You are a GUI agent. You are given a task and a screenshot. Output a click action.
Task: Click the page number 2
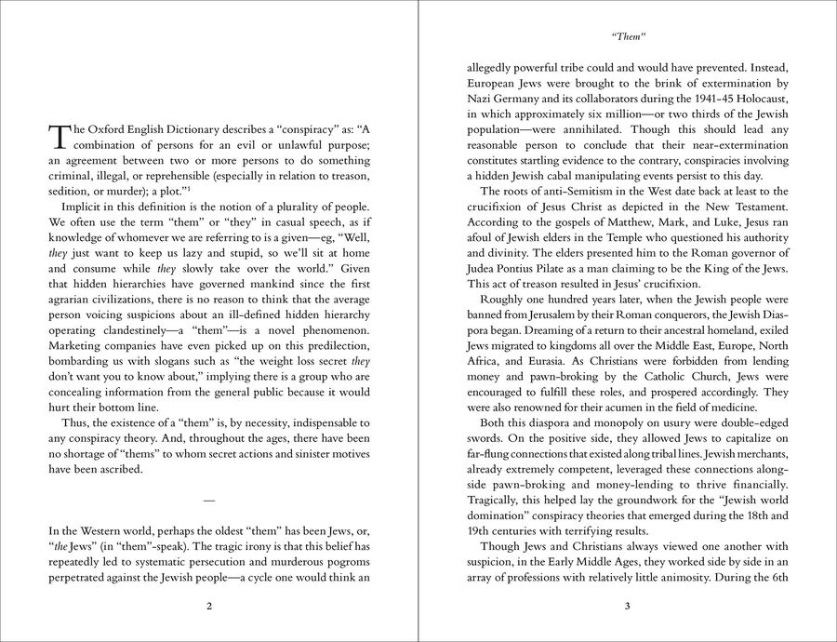(x=209, y=607)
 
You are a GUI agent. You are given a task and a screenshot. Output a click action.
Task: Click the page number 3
(x=628, y=607)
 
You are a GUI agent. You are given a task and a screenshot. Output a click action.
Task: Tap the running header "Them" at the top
(x=628, y=38)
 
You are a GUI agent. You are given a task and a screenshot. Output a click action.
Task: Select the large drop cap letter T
(x=59, y=136)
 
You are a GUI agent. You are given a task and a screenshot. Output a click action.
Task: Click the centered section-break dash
(x=209, y=501)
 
